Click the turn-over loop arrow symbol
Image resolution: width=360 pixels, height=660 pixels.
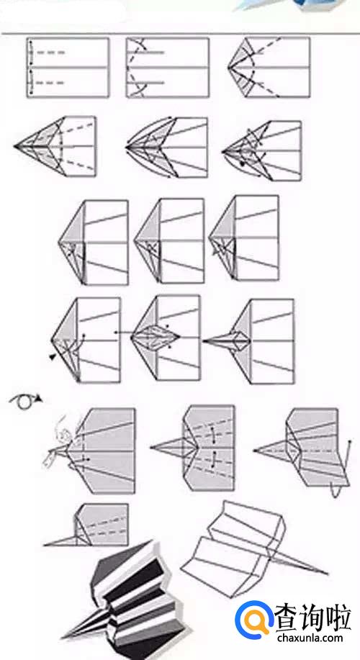click(x=24, y=402)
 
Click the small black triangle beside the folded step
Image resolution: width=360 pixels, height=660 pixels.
click(x=53, y=357)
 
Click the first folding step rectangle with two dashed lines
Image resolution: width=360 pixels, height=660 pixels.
click(x=68, y=68)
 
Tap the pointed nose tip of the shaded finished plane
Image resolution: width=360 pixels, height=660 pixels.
click(x=64, y=637)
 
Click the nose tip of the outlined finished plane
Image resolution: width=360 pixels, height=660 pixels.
click(x=327, y=574)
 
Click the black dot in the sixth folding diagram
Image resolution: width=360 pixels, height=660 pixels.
click(x=242, y=163)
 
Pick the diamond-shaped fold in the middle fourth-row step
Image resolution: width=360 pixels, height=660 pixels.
click(x=156, y=337)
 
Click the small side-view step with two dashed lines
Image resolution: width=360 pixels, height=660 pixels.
click(x=86, y=525)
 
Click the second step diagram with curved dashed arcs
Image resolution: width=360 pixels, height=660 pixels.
click(x=168, y=68)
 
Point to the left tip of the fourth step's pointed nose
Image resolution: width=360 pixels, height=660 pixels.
click(x=14, y=147)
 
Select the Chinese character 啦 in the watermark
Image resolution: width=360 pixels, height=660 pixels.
click(x=338, y=618)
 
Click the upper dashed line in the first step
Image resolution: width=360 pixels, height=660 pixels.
click(x=50, y=53)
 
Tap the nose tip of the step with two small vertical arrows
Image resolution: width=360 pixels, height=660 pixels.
click(x=151, y=447)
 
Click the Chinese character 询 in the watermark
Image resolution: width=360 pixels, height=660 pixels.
click(x=313, y=618)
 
